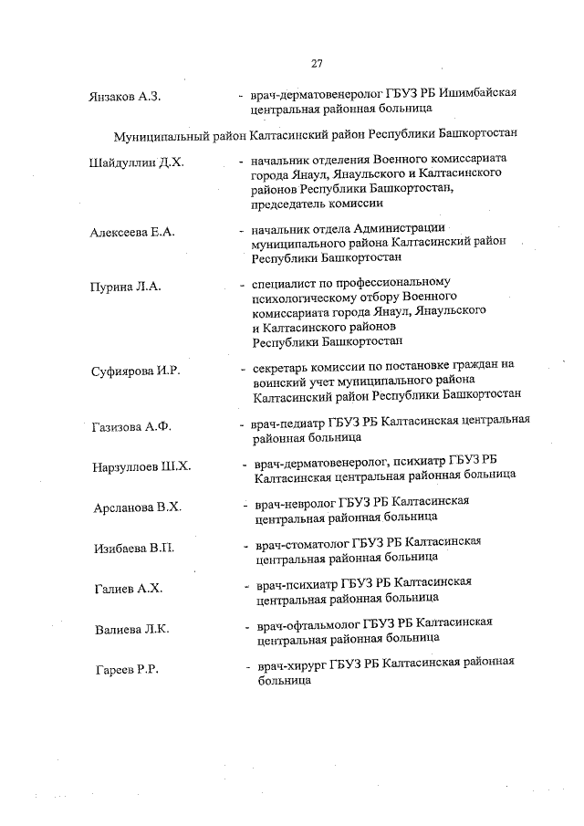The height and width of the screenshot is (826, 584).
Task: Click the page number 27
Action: click(x=317, y=64)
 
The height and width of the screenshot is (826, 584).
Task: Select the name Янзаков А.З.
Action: click(x=125, y=96)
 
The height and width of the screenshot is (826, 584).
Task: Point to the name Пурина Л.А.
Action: click(x=126, y=287)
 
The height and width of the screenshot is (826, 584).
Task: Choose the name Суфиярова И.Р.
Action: click(x=137, y=370)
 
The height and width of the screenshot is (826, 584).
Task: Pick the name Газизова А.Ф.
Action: click(x=132, y=426)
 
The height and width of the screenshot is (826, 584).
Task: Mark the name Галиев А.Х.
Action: click(x=128, y=589)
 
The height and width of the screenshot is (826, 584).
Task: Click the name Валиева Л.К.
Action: click(x=133, y=630)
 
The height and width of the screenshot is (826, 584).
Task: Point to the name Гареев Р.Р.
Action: click(x=128, y=671)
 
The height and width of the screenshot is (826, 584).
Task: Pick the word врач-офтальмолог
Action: click(x=308, y=624)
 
